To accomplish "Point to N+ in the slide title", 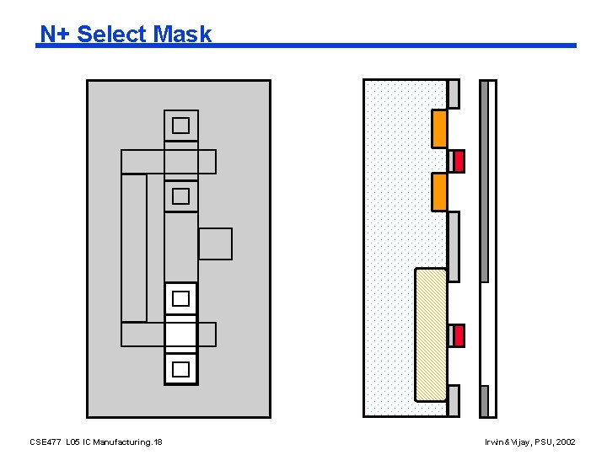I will (56, 35).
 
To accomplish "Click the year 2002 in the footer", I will (566, 442).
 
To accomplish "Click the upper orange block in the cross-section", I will (439, 128).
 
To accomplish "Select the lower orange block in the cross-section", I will (439, 191).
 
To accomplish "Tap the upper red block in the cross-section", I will (459, 161).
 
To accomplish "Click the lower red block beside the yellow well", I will (459, 335).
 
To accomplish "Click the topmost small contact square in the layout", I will (180, 126).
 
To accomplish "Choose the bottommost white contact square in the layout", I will (180, 369).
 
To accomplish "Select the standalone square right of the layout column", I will (215, 244).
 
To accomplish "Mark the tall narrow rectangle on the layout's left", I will (134, 248).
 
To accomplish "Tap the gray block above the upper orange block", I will (454, 94).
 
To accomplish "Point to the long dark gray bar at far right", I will (484, 181).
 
